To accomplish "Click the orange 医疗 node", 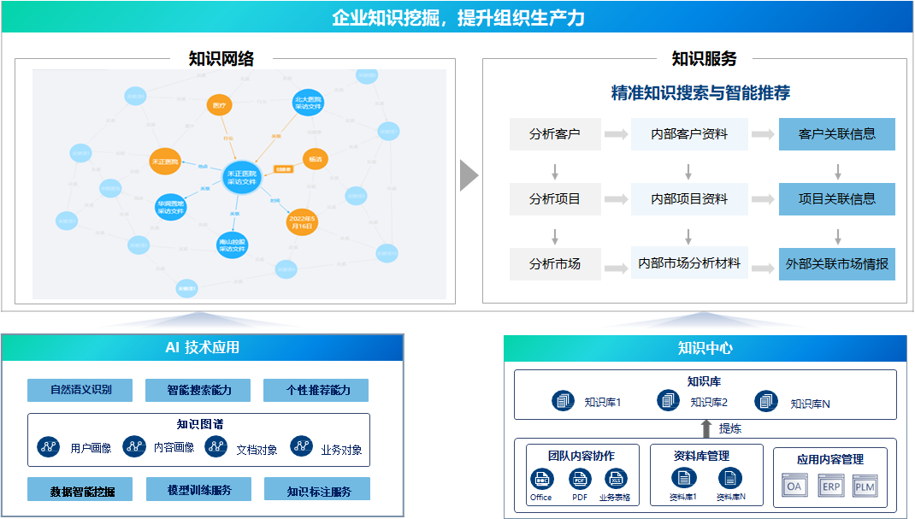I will coord(220,106).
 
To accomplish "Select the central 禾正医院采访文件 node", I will coord(240,176).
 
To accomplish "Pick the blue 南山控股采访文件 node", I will coord(233,245).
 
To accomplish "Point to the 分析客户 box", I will coord(554,134).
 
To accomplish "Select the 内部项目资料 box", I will coord(689,198).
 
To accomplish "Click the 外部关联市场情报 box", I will coord(837,264).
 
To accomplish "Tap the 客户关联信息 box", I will coord(837,134).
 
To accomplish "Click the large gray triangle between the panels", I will coord(468,175).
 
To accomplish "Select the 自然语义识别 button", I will coord(80,390).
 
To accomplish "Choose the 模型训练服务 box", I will coord(198,490).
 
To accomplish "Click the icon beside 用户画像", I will coord(50,446).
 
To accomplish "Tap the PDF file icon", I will coord(580,480).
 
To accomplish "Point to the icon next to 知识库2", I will coord(668,400).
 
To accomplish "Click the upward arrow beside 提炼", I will coord(705,428).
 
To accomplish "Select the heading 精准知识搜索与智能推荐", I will coord(700,92).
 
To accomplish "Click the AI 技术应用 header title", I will coord(202,347).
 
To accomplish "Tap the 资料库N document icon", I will coord(730,479).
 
